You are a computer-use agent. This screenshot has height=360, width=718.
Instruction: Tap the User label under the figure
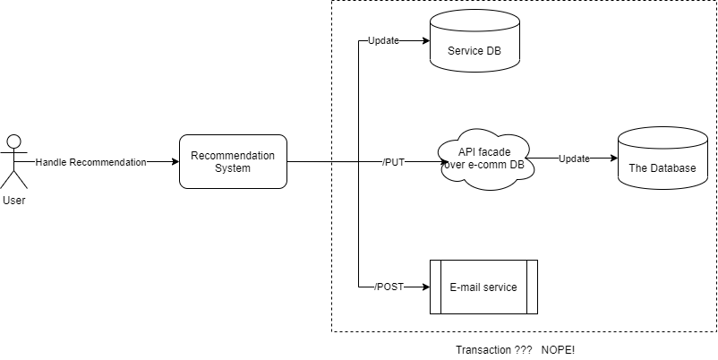pyautogui.click(x=13, y=200)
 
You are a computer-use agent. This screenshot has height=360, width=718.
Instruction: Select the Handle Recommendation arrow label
pyautogui.click(x=90, y=162)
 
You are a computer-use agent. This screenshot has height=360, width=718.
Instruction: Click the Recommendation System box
pyautogui.click(x=233, y=162)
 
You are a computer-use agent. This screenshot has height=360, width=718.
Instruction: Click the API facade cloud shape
pyautogui.click(x=484, y=159)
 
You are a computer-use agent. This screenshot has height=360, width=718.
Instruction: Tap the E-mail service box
pyautogui.click(x=483, y=287)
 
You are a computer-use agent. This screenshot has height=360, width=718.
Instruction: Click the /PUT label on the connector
pyautogui.click(x=395, y=162)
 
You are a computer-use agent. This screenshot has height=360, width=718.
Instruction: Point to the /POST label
pyautogui.click(x=389, y=287)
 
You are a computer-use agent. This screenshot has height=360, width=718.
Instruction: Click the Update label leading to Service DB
pyautogui.click(x=383, y=41)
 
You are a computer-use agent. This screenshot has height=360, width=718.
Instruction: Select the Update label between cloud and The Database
pyautogui.click(x=574, y=159)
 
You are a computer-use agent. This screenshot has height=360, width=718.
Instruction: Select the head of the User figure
pyautogui.click(x=13, y=141)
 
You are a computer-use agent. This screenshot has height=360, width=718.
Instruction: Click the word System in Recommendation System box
pyautogui.click(x=233, y=169)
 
